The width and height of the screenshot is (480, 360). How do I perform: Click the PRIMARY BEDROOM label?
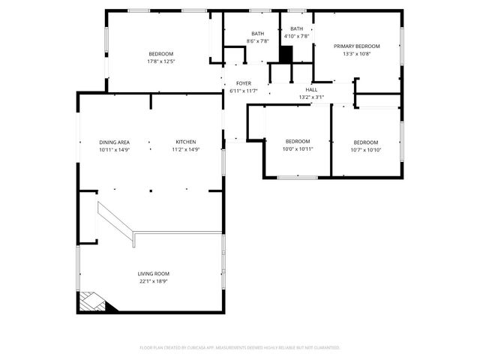coord(357,46)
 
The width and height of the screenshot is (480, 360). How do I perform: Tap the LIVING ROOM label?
coord(153,274)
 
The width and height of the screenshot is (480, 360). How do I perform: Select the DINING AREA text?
coord(114,142)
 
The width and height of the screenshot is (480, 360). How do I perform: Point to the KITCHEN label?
coord(186,142)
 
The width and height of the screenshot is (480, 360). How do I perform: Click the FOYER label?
coord(244,83)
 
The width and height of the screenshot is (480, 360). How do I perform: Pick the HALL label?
coord(311,89)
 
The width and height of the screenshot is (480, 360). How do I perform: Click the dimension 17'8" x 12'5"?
coord(161,61)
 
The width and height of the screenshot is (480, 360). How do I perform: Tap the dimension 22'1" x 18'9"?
coord(153,281)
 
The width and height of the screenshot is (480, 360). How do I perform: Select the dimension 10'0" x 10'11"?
coord(298,149)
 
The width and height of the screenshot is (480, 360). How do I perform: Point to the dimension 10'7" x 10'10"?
coord(366,149)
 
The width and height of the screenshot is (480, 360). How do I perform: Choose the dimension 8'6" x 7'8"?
coord(258,41)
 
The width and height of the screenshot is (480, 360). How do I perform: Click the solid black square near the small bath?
coord(286,55)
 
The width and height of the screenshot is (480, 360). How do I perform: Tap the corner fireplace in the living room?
coord(93,302)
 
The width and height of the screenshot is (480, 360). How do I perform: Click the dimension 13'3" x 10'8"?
coord(357,53)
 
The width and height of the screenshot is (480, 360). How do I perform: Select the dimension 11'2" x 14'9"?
coord(186,149)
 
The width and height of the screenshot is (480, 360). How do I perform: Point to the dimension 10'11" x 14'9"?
coord(114,149)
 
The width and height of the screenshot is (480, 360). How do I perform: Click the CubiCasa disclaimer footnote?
coord(240,347)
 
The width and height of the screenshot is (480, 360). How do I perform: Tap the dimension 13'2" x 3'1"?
coord(311,97)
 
